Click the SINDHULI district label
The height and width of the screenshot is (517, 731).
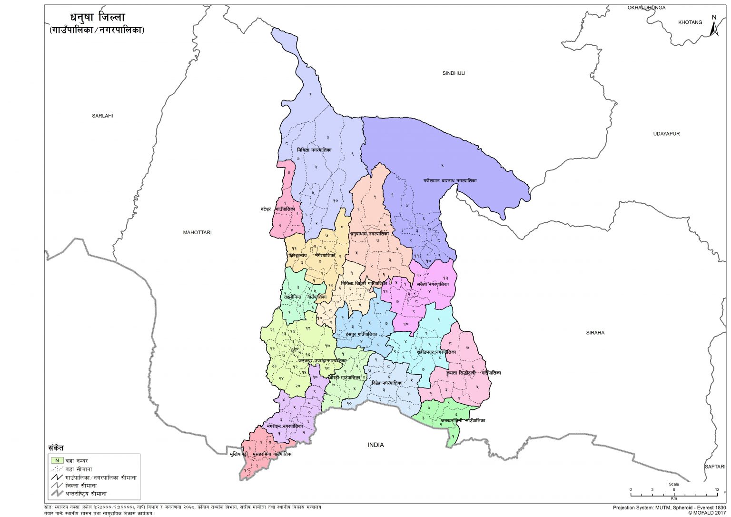pos(454,73)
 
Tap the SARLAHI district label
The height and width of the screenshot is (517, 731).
pos(102,116)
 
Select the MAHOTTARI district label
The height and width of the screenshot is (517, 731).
pos(197,233)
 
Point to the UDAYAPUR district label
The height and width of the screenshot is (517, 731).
pos(666,134)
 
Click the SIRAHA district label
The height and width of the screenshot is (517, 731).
pos(595,333)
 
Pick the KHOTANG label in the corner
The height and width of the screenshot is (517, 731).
pos(690,22)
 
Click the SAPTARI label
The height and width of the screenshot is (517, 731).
pos(714,467)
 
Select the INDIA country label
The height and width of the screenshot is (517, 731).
pos(375,445)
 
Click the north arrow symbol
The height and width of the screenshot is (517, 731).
pos(713,26)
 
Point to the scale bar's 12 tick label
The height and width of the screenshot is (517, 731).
pos(716,490)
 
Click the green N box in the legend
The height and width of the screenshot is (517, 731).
pos(57,460)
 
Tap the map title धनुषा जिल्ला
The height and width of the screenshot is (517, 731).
pos(94,17)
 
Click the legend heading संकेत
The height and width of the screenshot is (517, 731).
pos(56,448)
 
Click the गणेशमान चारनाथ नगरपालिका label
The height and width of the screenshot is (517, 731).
pos(450,181)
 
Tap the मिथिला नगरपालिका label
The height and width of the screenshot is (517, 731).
pos(314,150)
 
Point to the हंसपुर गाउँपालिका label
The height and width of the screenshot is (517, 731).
pos(361,335)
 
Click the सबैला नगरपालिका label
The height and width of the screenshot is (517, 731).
pos(432,284)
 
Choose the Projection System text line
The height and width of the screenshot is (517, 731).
pos(669,507)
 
